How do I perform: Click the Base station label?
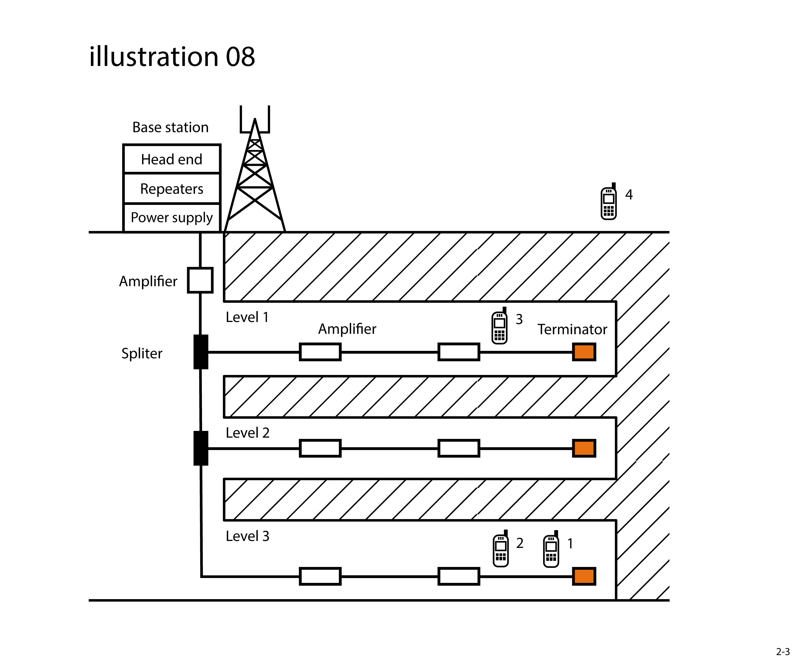(170, 127)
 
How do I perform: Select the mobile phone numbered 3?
(499, 327)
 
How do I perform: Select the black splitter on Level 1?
(201, 352)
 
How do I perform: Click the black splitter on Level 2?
(201, 448)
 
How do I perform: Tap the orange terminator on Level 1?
(584, 352)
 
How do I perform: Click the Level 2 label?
(248, 433)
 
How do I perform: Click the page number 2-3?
(783, 652)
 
